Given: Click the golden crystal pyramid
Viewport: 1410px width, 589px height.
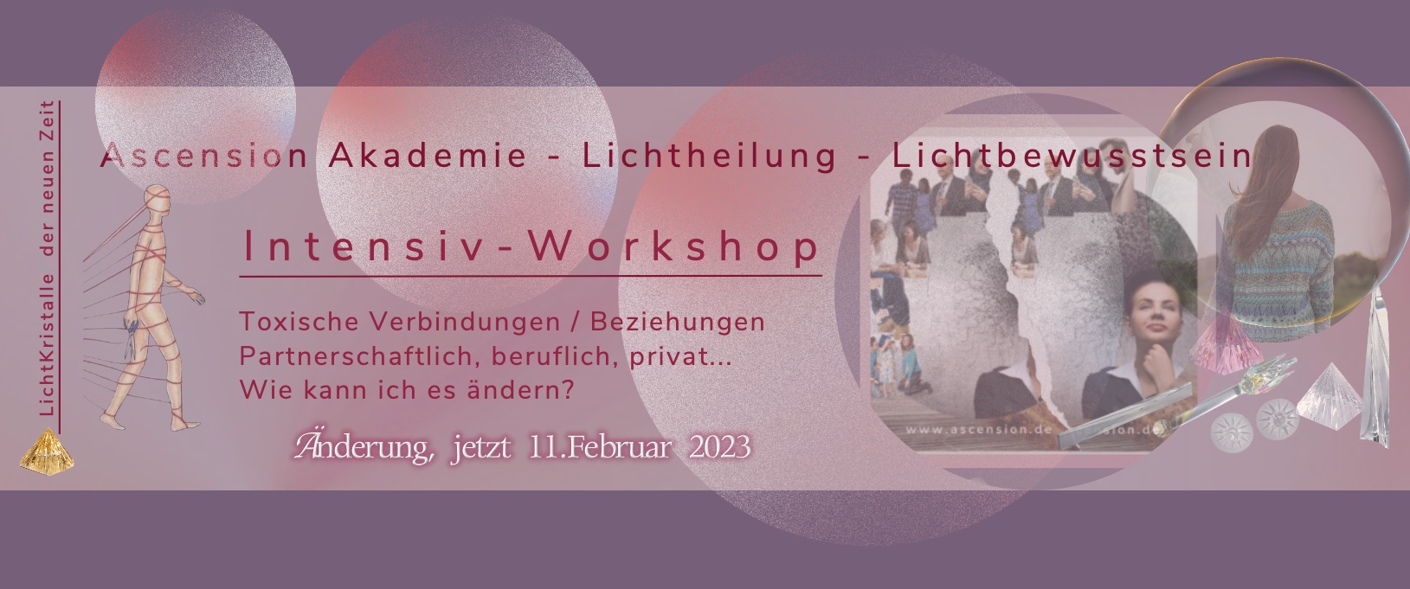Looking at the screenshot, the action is (x=47, y=451).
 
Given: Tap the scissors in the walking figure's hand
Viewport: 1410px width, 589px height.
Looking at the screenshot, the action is (x=132, y=339).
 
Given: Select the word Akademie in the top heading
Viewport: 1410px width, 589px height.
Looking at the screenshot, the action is (x=428, y=156).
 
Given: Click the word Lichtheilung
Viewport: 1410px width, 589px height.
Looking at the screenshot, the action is (x=710, y=156).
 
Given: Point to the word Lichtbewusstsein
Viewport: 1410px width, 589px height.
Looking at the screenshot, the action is (x=1072, y=156).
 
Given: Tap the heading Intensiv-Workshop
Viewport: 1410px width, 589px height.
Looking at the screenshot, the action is (x=531, y=246).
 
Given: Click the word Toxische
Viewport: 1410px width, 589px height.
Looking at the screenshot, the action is (x=299, y=322).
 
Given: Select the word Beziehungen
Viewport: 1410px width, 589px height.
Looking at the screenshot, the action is (x=678, y=323).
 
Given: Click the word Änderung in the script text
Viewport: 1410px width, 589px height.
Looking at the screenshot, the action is (x=364, y=447).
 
